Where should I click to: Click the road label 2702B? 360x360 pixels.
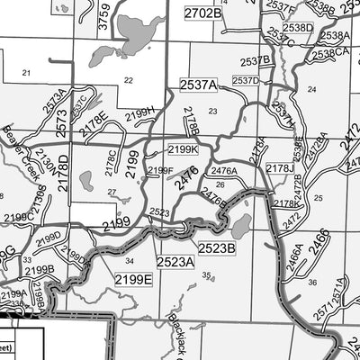202,13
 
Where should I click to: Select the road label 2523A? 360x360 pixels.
175,262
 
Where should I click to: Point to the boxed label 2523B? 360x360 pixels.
216,247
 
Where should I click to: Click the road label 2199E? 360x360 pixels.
134,281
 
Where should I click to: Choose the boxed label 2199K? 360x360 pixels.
183,149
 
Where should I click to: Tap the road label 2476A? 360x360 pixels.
223,170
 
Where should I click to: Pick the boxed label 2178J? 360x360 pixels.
280,168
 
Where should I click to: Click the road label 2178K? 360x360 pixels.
285,204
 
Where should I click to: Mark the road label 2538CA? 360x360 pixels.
330,54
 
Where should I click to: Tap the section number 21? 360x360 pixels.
26,72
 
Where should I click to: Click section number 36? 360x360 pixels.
311,282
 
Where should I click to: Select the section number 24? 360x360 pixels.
311,89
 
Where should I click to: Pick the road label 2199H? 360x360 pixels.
139,112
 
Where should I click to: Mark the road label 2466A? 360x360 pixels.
293,261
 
